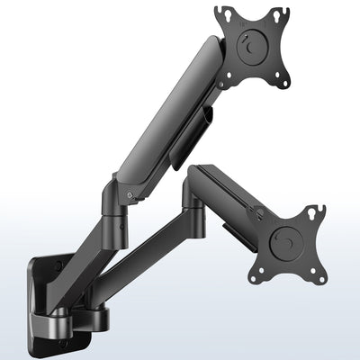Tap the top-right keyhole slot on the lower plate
click(316, 212)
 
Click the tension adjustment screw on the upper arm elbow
click(132, 193)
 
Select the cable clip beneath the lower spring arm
click(236, 230)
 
